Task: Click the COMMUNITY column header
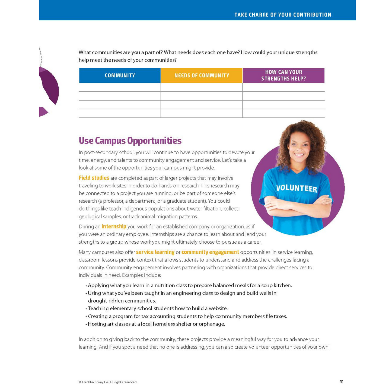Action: (x=120, y=75)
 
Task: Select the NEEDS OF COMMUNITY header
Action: (x=202, y=75)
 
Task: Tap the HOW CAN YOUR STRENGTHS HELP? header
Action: (x=283, y=75)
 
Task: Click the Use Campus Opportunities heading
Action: (x=130, y=141)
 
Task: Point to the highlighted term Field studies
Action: (x=94, y=178)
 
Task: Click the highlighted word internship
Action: (x=114, y=226)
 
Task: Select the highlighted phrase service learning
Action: (x=155, y=252)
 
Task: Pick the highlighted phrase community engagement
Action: (x=210, y=252)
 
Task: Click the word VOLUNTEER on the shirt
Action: (x=297, y=189)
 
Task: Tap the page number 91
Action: (x=341, y=382)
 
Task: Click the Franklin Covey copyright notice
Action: (x=108, y=382)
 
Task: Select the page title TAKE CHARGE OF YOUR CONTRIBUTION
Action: (x=283, y=15)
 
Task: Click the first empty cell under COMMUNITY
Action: (x=120, y=87)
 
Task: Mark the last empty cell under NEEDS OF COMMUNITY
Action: (x=202, y=113)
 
